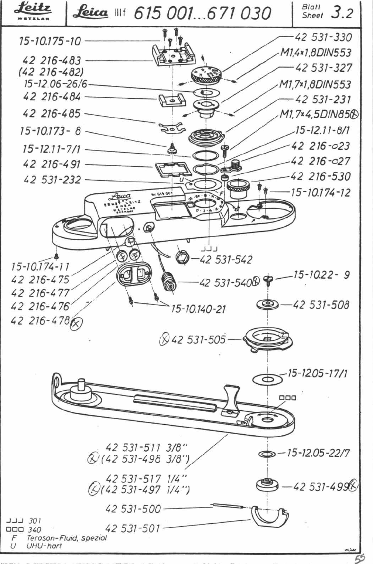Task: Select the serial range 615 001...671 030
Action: pyautogui.click(x=202, y=13)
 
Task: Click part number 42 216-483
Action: pyautogui.click(x=51, y=60)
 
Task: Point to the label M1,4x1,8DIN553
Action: pyautogui.click(x=315, y=52)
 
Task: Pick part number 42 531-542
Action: pyautogui.click(x=226, y=259)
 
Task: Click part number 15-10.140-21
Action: pyautogui.click(x=198, y=309)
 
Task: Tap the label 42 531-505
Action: pyautogui.click(x=198, y=339)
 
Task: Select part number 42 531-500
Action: pyautogui.click(x=133, y=509)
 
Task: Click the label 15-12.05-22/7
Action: pyautogui.click(x=318, y=453)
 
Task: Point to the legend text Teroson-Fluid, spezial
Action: pyautogui.click(x=66, y=538)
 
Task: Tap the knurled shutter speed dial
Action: pyautogui.click(x=207, y=75)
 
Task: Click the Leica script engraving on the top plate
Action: pyautogui.click(x=122, y=197)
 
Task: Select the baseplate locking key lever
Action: pyautogui.click(x=232, y=398)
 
